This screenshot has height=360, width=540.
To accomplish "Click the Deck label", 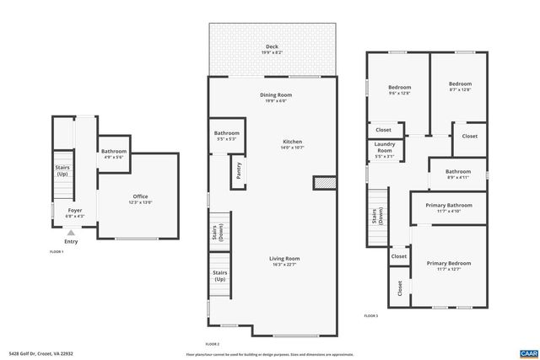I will click(x=272, y=47).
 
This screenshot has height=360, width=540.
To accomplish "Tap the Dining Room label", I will click(x=275, y=95).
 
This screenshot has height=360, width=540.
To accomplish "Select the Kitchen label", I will click(x=292, y=142).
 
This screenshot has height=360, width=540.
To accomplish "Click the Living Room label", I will click(x=284, y=259).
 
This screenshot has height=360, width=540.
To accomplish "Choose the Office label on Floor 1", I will click(x=140, y=196).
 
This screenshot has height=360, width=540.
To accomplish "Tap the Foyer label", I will click(x=75, y=212).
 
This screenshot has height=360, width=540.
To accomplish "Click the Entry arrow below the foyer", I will click(x=71, y=233).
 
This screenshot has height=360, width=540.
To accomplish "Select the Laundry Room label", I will click(x=384, y=148).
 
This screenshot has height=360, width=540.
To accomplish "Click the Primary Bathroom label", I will click(x=448, y=205).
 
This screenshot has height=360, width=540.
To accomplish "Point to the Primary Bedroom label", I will click(x=448, y=264).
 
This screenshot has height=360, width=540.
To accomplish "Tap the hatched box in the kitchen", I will click(x=321, y=183).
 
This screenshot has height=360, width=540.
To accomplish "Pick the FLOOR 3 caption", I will click(x=370, y=314).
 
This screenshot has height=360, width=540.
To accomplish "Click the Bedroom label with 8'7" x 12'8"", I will click(x=460, y=84).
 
